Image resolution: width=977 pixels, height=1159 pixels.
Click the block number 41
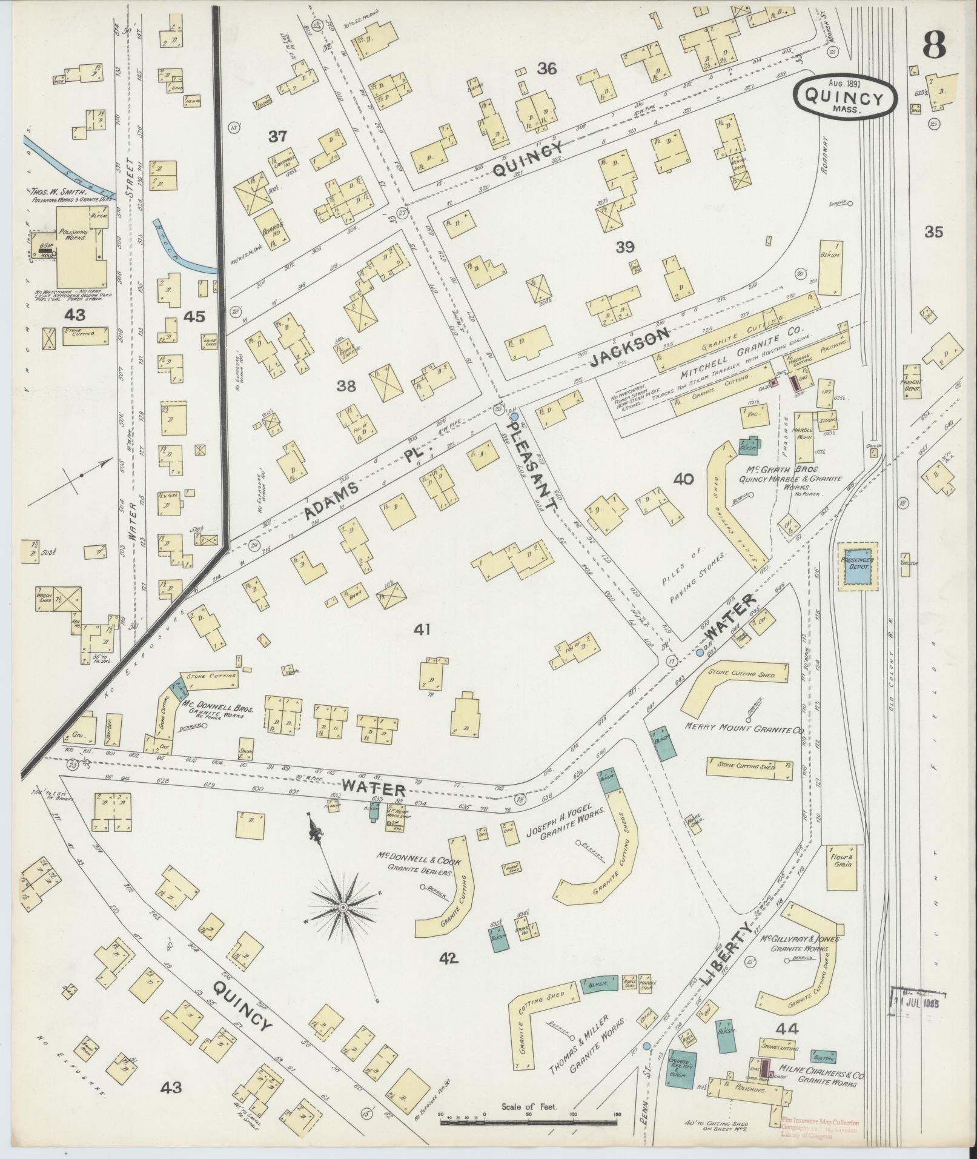tap(422, 630)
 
